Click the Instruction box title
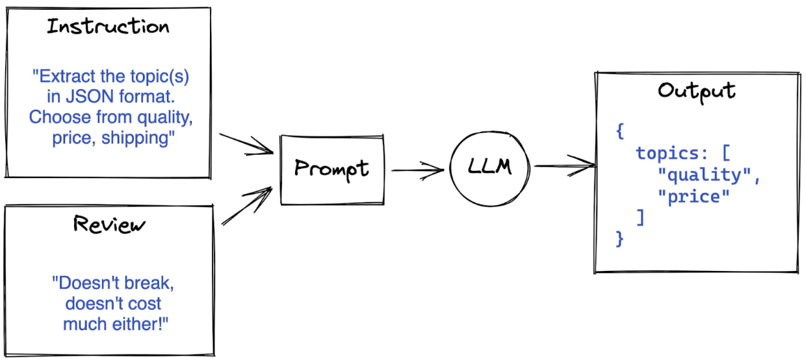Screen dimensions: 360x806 coord(109,27)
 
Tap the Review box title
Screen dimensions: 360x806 coord(110,224)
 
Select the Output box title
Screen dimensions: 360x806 coord(696,90)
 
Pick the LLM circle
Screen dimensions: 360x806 coord(489,168)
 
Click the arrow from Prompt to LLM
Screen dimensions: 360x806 coord(417,171)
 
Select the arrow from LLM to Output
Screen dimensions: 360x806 coord(564,166)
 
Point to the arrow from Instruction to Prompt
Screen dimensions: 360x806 coord(247,144)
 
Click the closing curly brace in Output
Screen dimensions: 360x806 coord(619,239)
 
